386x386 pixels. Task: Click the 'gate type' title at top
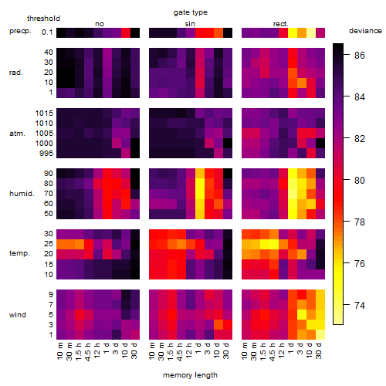coord(191,12)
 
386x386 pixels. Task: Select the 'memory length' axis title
coord(190,375)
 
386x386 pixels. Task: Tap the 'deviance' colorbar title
coord(365,31)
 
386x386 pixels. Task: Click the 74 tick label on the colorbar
coord(360,305)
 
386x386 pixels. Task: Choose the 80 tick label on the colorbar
coord(360,180)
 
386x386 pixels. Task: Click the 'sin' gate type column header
coord(190,24)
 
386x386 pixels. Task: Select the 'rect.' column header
coord(280,24)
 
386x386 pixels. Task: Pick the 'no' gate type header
coord(100,24)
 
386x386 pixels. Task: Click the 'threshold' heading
coord(43,19)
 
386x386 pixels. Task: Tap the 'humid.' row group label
coord(22,194)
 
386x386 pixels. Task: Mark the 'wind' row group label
coord(18,315)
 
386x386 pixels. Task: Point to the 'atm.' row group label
coord(17,134)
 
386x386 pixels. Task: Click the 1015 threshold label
coord(44,113)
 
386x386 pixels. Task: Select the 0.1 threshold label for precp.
coord(47,32)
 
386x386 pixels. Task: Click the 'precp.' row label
coord(20,31)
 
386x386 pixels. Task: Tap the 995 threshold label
coord(46,154)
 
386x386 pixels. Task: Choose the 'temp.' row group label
coord(19,253)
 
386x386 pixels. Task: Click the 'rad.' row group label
coord(16,73)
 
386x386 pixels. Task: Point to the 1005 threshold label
coord(44,134)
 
